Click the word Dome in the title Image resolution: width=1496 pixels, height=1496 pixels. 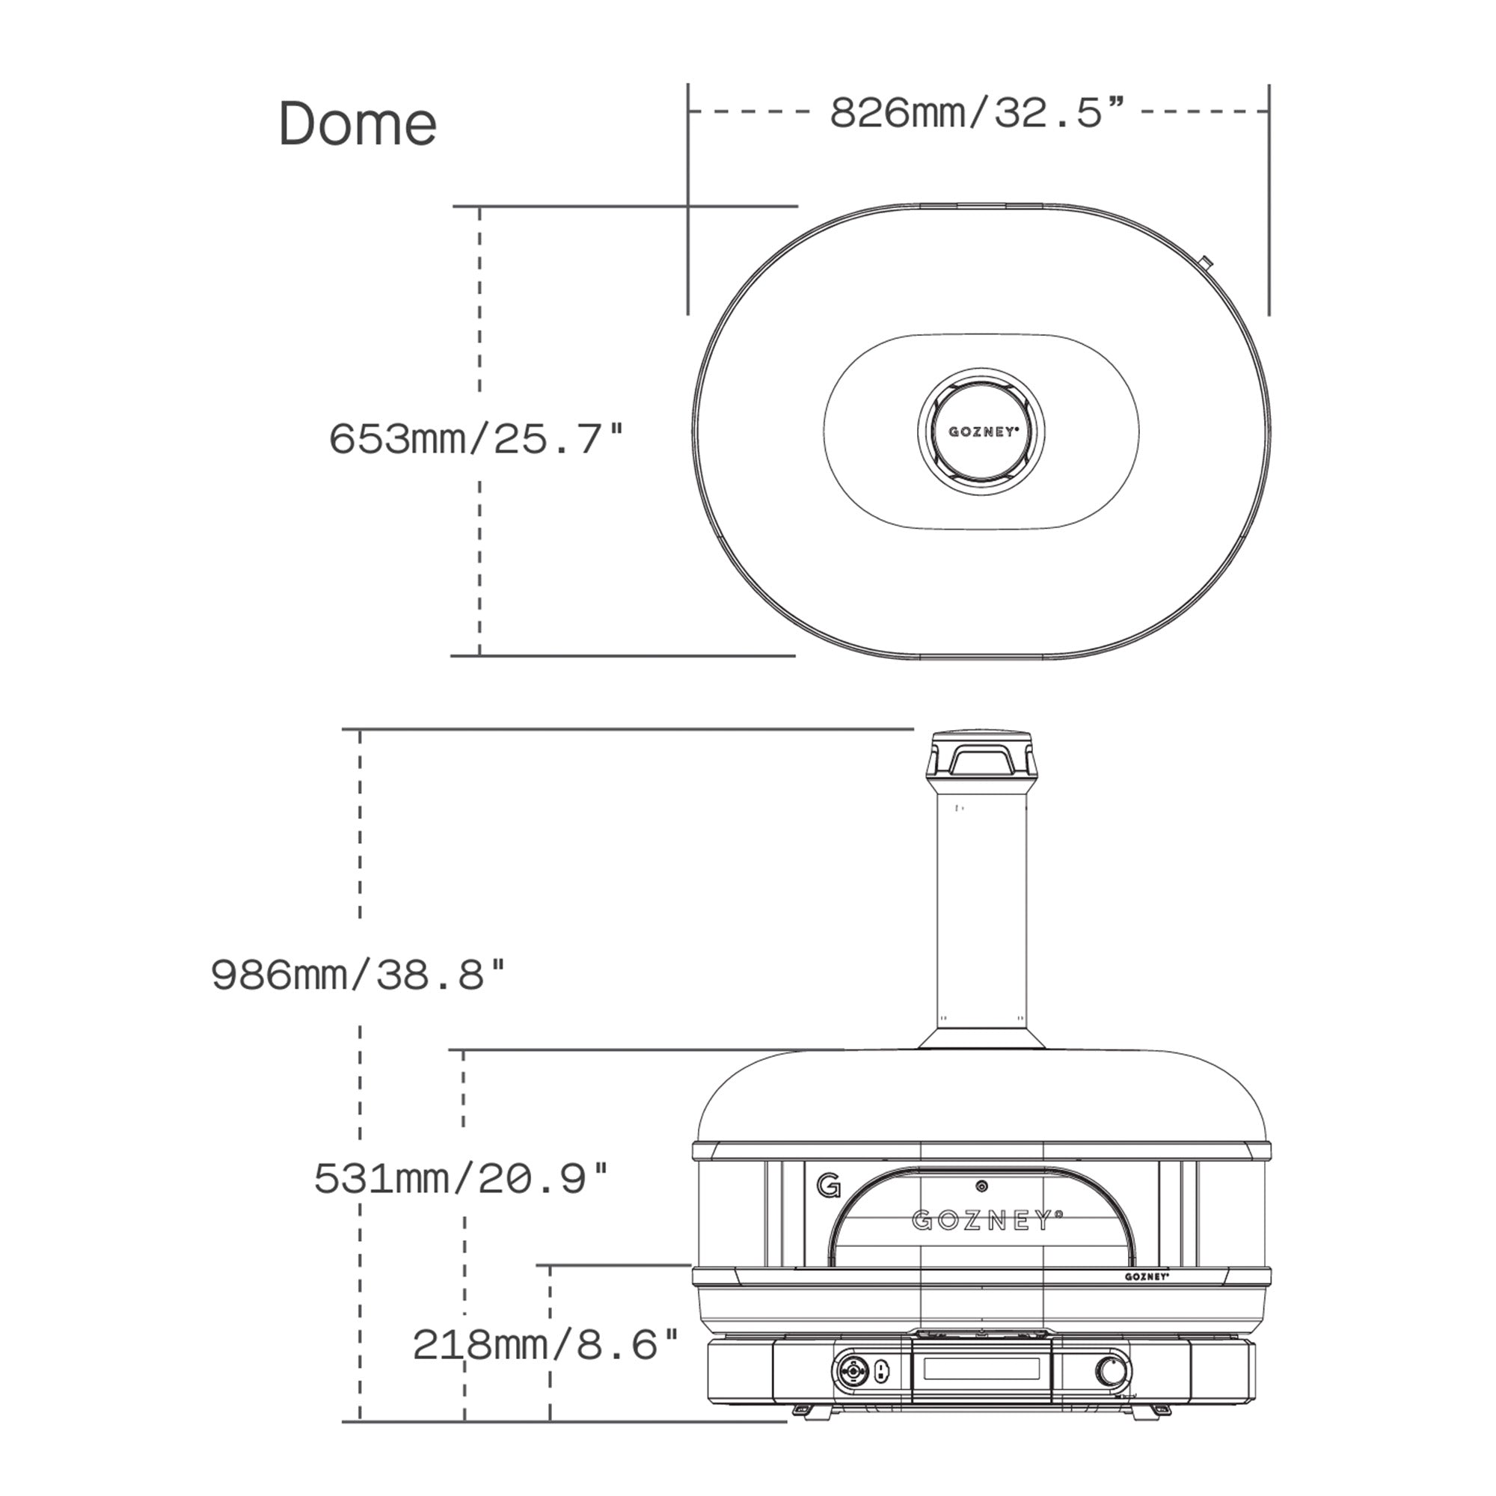pos(358,124)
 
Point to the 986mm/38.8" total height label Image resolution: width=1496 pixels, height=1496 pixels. pos(358,975)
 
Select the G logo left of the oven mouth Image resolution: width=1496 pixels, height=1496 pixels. pos(828,1186)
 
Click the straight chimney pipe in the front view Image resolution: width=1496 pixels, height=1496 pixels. pos(982,914)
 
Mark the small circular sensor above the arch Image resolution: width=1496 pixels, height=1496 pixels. pos(982,1186)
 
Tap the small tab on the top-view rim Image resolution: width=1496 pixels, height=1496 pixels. pos(1207,263)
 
